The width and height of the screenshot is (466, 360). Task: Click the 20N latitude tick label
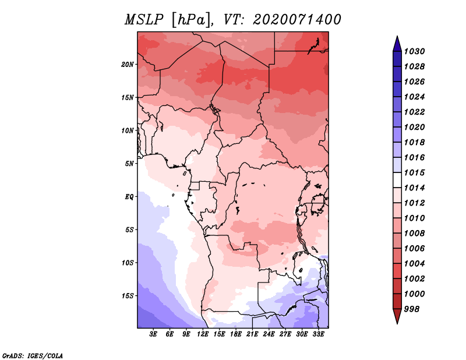coord(128,65)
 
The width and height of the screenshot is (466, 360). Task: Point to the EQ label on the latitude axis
coord(129,197)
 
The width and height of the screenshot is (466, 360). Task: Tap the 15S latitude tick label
coord(128,296)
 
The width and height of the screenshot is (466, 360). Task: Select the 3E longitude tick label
coord(153,334)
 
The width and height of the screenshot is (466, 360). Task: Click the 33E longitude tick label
coord(318,334)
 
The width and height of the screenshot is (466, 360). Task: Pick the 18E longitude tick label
coord(236,334)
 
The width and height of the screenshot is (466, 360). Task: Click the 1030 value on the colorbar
coord(414,51)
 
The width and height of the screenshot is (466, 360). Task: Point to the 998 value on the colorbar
coord(412,309)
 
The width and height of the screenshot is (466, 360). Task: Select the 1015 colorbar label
coord(414,172)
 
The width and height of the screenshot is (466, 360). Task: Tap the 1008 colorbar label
coord(414,234)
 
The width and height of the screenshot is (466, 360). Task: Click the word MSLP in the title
coord(144,20)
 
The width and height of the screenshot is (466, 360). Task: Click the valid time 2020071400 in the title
coord(297,20)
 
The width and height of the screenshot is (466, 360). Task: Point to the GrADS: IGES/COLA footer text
coord(33,355)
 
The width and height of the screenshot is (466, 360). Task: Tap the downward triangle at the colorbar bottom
coord(397,316)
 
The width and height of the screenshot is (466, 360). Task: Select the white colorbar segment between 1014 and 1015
coord(397,180)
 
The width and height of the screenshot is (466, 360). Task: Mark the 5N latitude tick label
coord(129,164)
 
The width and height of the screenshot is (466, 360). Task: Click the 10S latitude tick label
coord(128,263)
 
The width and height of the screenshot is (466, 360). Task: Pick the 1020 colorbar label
coord(414,127)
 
